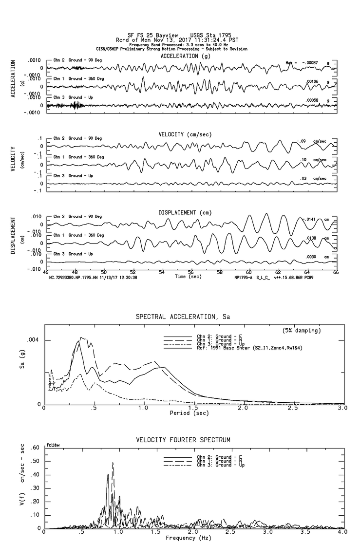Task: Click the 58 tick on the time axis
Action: (220, 273)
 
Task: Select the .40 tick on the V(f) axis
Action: (35, 474)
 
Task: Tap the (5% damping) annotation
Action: (301, 331)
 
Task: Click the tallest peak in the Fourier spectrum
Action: (113, 463)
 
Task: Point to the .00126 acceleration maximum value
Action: (312, 82)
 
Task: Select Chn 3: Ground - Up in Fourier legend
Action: (221, 465)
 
